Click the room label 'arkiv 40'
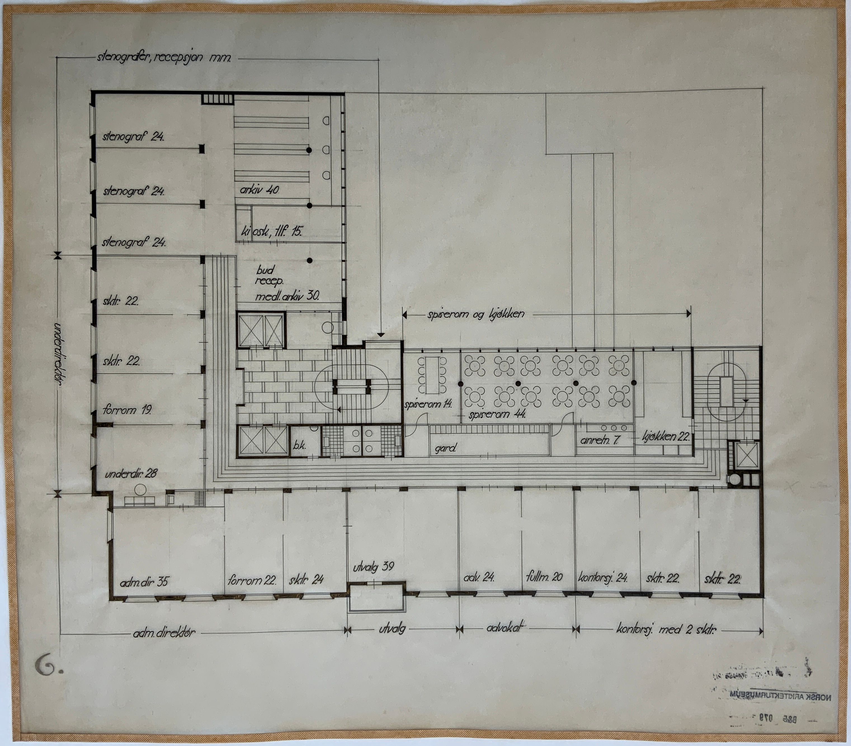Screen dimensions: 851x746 point(259,190)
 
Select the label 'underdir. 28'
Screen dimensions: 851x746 point(131,474)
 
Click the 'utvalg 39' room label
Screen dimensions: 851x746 point(373,567)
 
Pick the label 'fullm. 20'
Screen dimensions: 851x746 point(544,577)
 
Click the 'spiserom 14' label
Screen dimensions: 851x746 point(428,403)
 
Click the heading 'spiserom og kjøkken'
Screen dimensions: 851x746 point(475,314)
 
